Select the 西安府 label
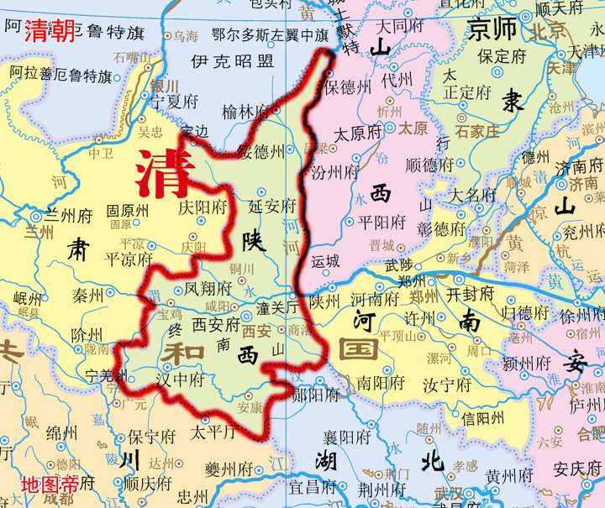tap(217, 322)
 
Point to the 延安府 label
tap(273, 206)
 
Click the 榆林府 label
tap(245, 111)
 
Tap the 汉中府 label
tap(181, 380)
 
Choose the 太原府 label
tap(358, 134)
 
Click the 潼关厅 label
tap(278, 307)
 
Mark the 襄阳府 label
tap(347, 437)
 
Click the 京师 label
tap(492, 29)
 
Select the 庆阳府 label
tap(203, 206)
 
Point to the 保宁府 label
tap(151, 437)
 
